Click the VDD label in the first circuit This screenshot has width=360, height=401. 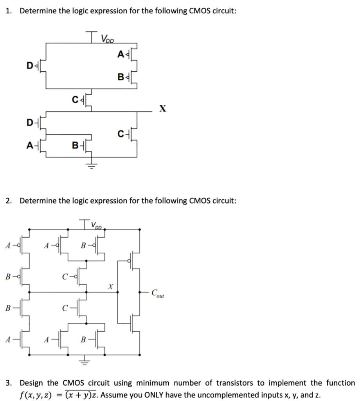point(107,39)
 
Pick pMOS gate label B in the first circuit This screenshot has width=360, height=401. point(121,76)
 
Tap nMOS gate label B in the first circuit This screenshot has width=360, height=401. point(75,147)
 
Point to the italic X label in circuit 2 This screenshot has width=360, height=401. point(110,287)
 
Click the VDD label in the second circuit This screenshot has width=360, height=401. point(97,226)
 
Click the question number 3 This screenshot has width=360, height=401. point(8,383)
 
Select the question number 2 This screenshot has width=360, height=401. point(8,201)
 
